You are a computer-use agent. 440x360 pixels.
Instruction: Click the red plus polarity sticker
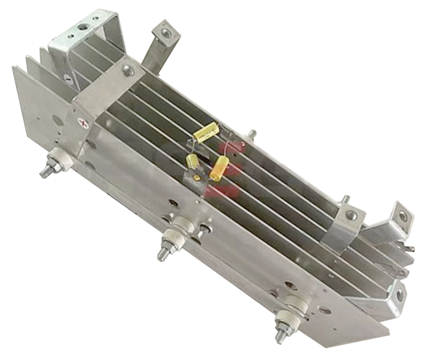(84, 121)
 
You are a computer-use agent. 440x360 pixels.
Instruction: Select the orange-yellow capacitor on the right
(219, 168)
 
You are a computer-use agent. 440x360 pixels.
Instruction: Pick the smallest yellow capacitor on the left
(192, 162)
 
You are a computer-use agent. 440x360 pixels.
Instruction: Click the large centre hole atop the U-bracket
(84, 26)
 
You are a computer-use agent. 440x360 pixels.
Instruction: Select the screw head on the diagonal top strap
(129, 70)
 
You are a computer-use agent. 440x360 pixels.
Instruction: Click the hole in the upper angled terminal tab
(163, 34)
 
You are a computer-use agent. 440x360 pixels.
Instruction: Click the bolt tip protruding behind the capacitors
(253, 132)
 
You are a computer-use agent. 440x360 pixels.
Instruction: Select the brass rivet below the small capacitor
(195, 177)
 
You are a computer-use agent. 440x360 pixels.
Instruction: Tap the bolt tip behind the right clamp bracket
(345, 198)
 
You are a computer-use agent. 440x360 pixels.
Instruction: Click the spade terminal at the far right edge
(408, 250)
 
